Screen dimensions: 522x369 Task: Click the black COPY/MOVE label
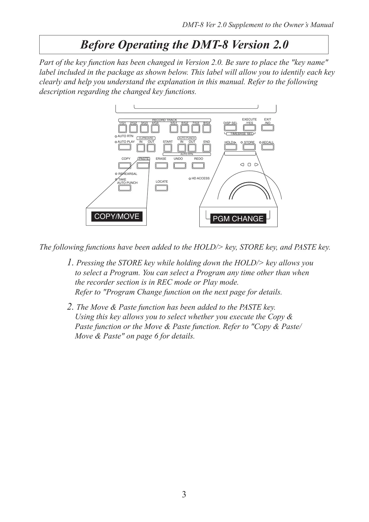click(117, 217)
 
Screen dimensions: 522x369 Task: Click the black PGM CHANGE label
click(238, 219)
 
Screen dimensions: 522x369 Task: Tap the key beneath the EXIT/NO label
click(268, 128)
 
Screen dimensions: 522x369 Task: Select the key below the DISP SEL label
click(230, 128)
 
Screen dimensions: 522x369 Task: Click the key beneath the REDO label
click(198, 165)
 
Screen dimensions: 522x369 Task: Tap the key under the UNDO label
click(179, 165)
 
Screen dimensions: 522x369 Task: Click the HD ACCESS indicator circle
click(190, 179)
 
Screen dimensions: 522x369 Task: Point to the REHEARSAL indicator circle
click(116, 174)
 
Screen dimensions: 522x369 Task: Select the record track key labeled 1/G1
click(122, 129)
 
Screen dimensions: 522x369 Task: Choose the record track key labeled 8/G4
click(207, 129)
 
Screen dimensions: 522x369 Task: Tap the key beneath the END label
click(207, 148)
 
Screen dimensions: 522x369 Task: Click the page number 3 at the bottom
click(184, 495)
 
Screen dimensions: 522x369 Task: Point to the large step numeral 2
click(70, 306)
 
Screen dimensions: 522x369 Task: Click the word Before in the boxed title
click(97, 45)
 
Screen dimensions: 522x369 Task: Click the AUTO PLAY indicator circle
click(116, 142)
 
